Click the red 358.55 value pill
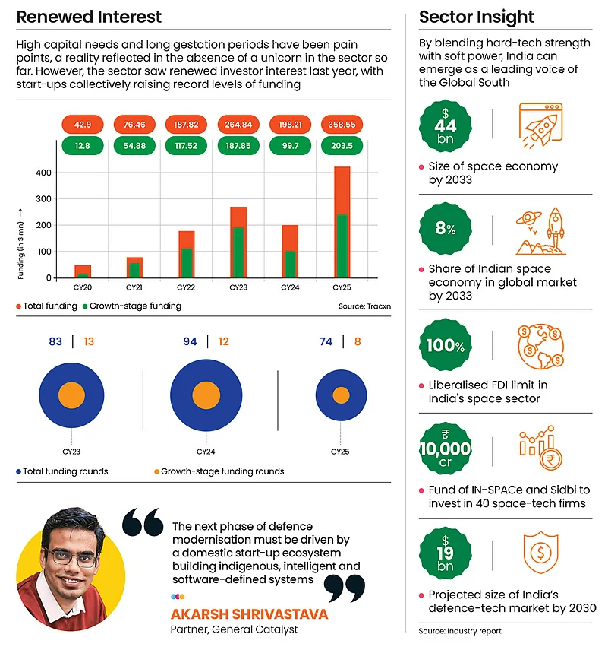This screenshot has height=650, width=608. pos(342,124)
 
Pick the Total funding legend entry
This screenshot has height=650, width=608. pos(46,306)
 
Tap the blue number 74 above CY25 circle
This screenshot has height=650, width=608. pos(326,342)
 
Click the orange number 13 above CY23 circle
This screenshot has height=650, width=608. pos(90,342)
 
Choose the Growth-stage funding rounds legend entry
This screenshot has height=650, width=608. pos(219,471)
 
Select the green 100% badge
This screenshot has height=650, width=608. pos(446,346)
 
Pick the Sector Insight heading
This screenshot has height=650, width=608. pos(476,17)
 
